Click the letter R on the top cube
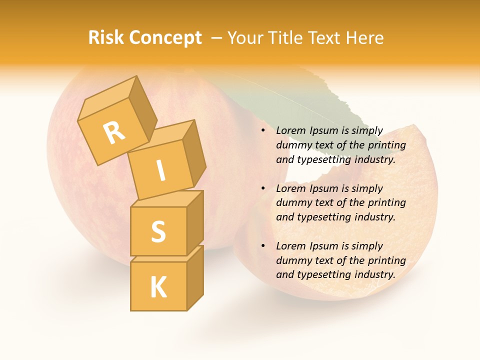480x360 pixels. coord(114,133)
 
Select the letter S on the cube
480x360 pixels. coord(158,231)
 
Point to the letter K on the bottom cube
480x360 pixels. coord(158,287)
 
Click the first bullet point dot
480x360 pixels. coord(263,131)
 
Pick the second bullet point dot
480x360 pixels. coord(263,188)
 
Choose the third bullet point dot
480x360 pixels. coord(263,246)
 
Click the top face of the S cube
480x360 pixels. coord(165,199)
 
